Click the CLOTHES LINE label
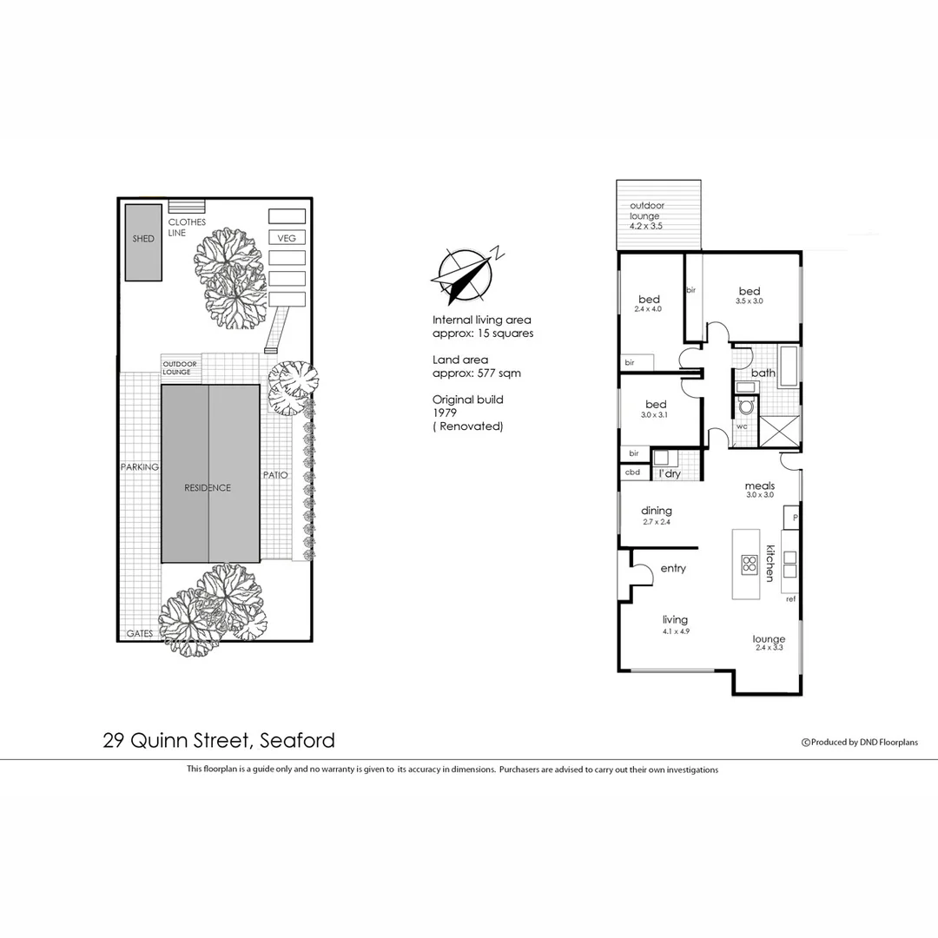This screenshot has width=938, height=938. click(x=187, y=228)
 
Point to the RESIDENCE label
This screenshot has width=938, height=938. click(x=208, y=488)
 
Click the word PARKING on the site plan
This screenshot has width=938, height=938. click(x=139, y=467)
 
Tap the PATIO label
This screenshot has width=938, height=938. click(x=275, y=476)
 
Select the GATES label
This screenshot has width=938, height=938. click(x=139, y=634)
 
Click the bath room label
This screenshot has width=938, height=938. click(x=763, y=373)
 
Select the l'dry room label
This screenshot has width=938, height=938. click(x=670, y=473)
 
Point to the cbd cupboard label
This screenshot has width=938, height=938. click(x=632, y=473)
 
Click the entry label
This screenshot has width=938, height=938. click(x=673, y=569)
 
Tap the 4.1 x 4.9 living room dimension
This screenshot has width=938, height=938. click(x=675, y=631)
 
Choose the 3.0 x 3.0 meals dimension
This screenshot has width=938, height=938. click(x=759, y=495)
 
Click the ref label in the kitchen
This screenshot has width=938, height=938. click(x=790, y=599)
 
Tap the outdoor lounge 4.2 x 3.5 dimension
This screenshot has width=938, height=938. click(x=645, y=226)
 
